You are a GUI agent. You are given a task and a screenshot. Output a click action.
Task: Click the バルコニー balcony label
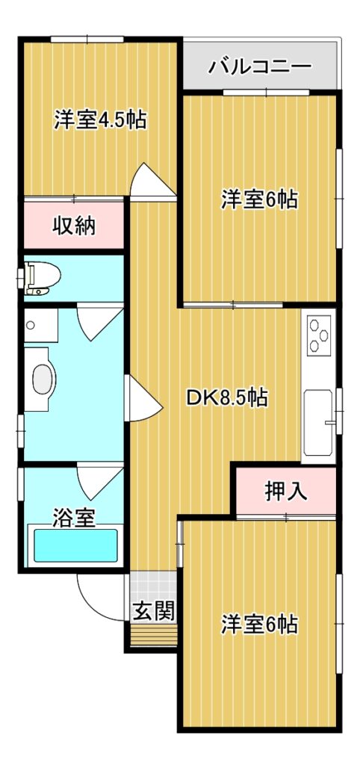pyautogui.click(x=259, y=66)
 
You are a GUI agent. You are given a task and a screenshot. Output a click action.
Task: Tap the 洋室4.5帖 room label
pyautogui.click(x=100, y=120)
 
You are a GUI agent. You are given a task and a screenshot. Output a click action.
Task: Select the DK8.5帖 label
pyautogui.click(x=227, y=398)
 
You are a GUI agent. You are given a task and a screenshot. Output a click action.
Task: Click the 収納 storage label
pyautogui.click(x=74, y=226)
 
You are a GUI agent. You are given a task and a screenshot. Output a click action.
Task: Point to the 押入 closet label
pyautogui.click(x=286, y=492)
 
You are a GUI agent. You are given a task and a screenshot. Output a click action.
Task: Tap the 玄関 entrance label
pyautogui.click(x=154, y=610)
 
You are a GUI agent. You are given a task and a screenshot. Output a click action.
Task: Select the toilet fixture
pyautogui.click(x=43, y=278)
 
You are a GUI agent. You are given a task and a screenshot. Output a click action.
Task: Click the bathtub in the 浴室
pyautogui.click(x=75, y=545)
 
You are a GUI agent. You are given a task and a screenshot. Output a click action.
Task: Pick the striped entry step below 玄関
pyautogui.click(x=154, y=636)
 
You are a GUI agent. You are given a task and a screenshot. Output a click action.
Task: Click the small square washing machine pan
pyautogui.click(x=41, y=325)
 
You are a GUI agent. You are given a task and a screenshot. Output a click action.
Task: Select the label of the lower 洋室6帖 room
pyautogui.click(x=259, y=625)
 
